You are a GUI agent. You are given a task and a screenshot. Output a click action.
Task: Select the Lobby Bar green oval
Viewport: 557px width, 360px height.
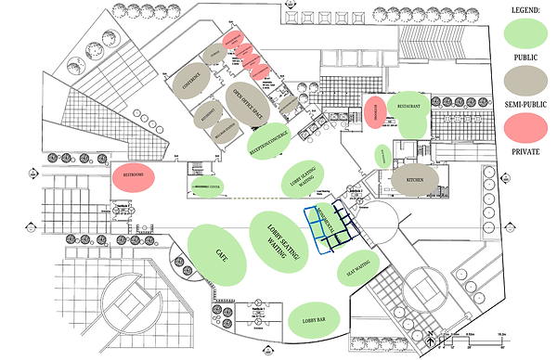point(315,320)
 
